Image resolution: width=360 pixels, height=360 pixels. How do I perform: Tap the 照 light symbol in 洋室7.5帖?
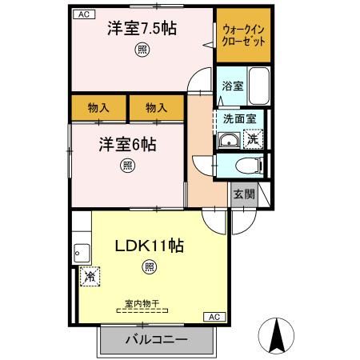[141, 50]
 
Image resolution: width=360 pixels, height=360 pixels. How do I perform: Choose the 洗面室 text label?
[240, 118]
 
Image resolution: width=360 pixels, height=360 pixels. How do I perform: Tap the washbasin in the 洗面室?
[230, 141]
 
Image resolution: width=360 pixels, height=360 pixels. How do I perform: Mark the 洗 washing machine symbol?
[253, 139]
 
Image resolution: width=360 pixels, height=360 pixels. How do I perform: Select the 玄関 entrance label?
[244, 194]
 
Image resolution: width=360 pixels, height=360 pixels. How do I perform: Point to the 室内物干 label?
[142, 303]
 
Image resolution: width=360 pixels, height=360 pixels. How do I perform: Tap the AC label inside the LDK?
[214, 318]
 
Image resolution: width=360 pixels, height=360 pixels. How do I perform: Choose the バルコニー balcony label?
[157, 340]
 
